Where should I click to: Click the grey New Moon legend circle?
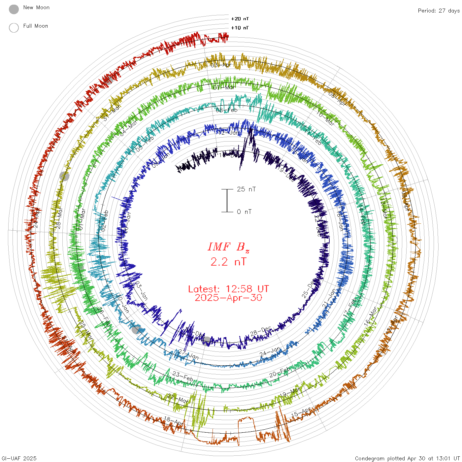(x=14, y=9)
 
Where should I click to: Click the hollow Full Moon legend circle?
(x=14, y=28)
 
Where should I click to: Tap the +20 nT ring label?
(x=240, y=19)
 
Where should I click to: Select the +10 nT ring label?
(x=240, y=28)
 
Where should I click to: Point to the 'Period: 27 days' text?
(x=439, y=11)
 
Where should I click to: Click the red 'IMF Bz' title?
(x=228, y=247)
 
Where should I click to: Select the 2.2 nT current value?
(x=228, y=262)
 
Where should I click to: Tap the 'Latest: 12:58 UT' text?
(x=228, y=289)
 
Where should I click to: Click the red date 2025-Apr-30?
(x=228, y=298)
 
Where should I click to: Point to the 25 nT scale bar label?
(x=246, y=189)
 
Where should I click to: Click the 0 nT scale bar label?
(x=244, y=212)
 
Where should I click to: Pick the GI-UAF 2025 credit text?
(x=19, y=458)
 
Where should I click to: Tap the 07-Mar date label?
(x=225, y=87)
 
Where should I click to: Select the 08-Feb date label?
(x=227, y=110)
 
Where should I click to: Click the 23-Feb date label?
(x=183, y=376)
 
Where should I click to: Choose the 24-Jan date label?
(x=270, y=351)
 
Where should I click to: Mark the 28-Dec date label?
(x=261, y=332)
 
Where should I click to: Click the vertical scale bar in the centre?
(x=227, y=200)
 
